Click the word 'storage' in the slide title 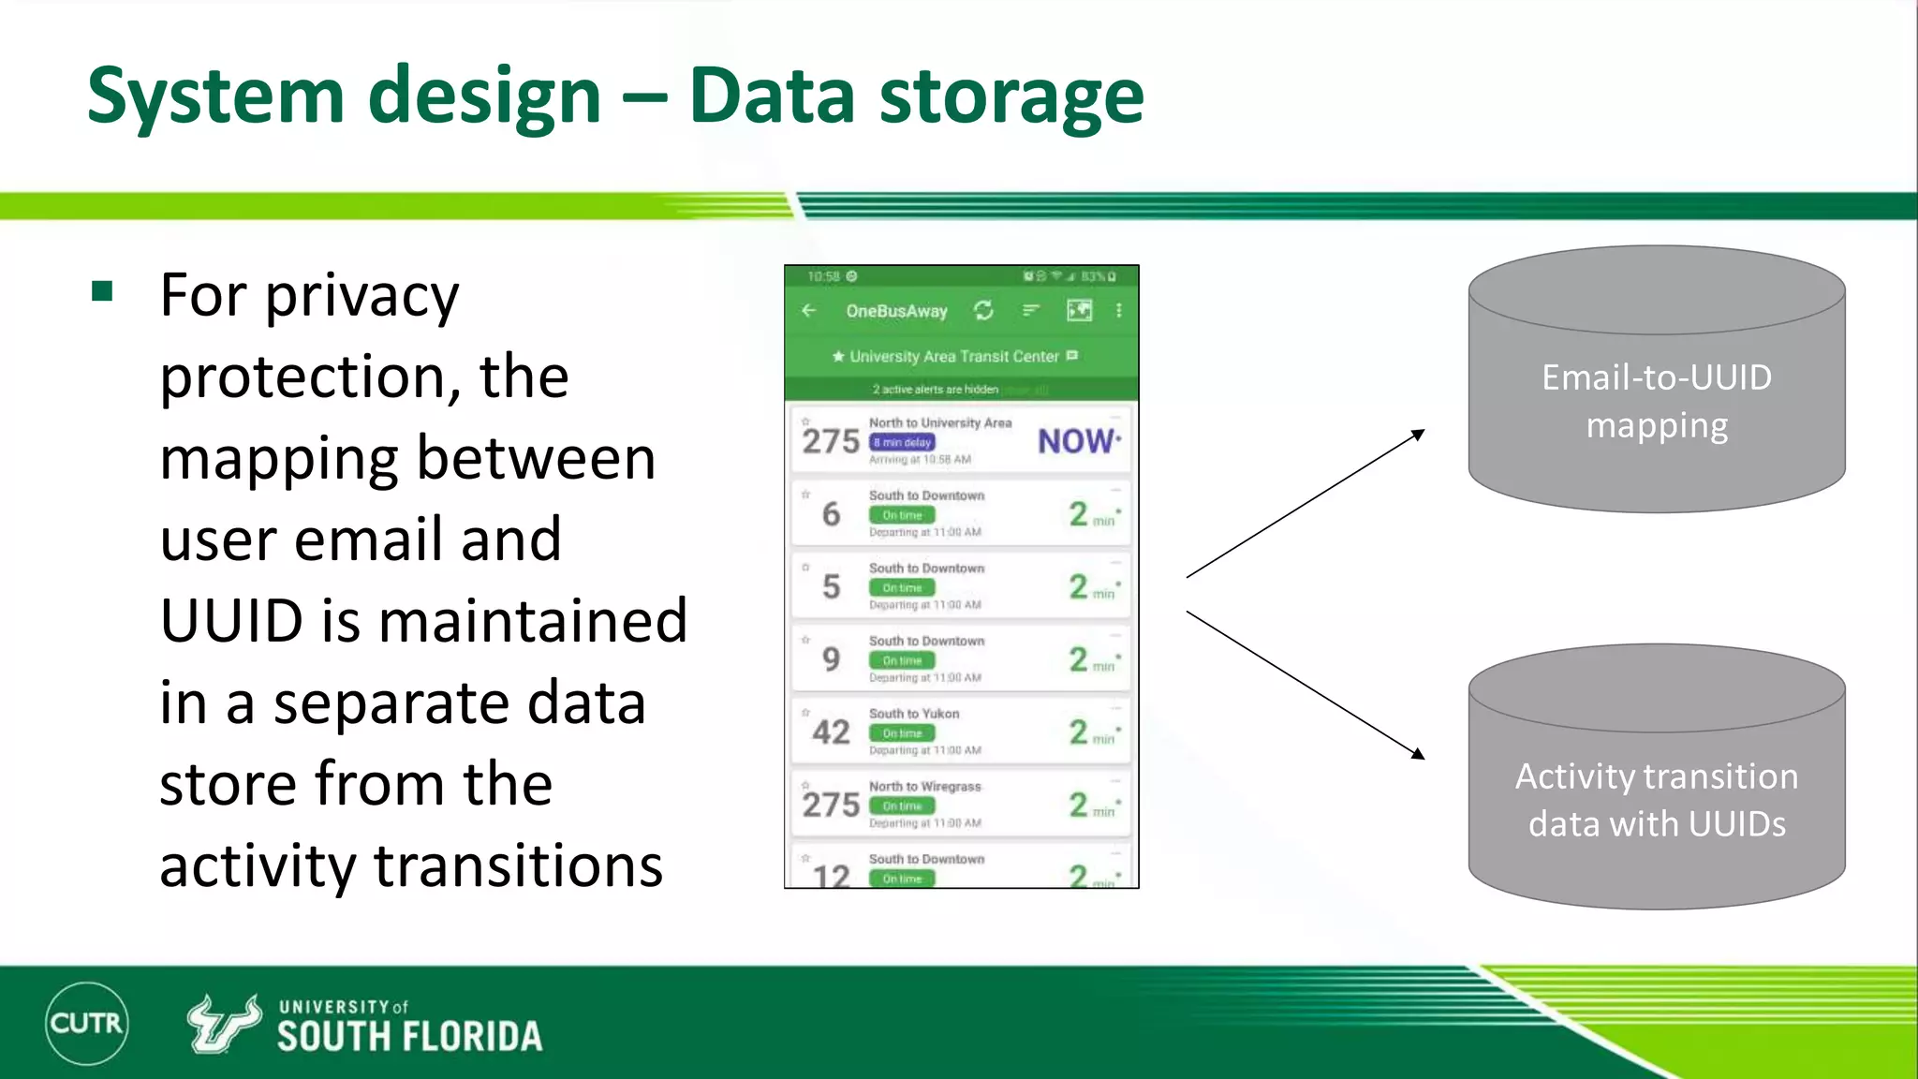click(1011, 96)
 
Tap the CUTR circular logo click(86, 1023)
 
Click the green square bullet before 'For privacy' click(102, 291)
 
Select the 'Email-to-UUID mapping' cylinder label click(1656, 401)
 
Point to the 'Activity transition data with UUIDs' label click(1656, 800)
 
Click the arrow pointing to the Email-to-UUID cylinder click(1306, 503)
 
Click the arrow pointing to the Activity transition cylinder click(1306, 686)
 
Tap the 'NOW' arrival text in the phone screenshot click(1077, 441)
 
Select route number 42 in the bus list click(831, 732)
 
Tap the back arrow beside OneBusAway click(809, 310)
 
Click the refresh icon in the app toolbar click(983, 310)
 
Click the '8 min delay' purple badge click(902, 442)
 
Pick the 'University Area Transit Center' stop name click(953, 357)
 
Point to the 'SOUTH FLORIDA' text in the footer click(409, 1037)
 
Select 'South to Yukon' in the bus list click(913, 714)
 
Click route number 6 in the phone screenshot click(831, 514)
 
